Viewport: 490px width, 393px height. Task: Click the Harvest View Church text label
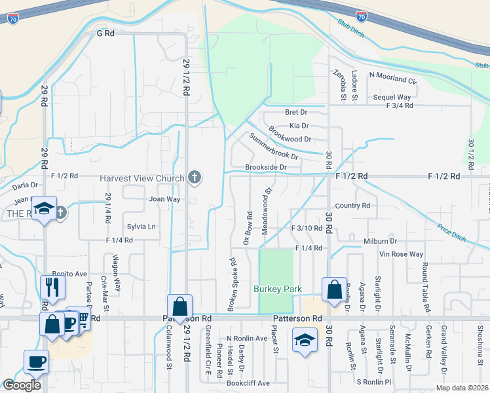(141, 178)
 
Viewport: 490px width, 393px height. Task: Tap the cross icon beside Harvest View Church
(194, 177)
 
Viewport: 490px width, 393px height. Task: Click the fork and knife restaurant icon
(52, 287)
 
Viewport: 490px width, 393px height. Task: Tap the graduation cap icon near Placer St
(305, 341)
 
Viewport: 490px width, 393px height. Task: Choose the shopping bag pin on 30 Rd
(334, 289)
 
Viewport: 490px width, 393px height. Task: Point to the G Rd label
(105, 32)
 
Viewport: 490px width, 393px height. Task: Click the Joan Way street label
(164, 198)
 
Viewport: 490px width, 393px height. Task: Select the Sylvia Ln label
(142, 227)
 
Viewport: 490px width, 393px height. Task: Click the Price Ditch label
(452, 231)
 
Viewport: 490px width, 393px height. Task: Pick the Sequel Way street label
(392, 97)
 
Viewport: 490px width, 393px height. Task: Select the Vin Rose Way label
(402, 254)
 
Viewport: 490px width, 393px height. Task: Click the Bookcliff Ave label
(248, 383)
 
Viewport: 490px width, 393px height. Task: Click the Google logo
(22, 385)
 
